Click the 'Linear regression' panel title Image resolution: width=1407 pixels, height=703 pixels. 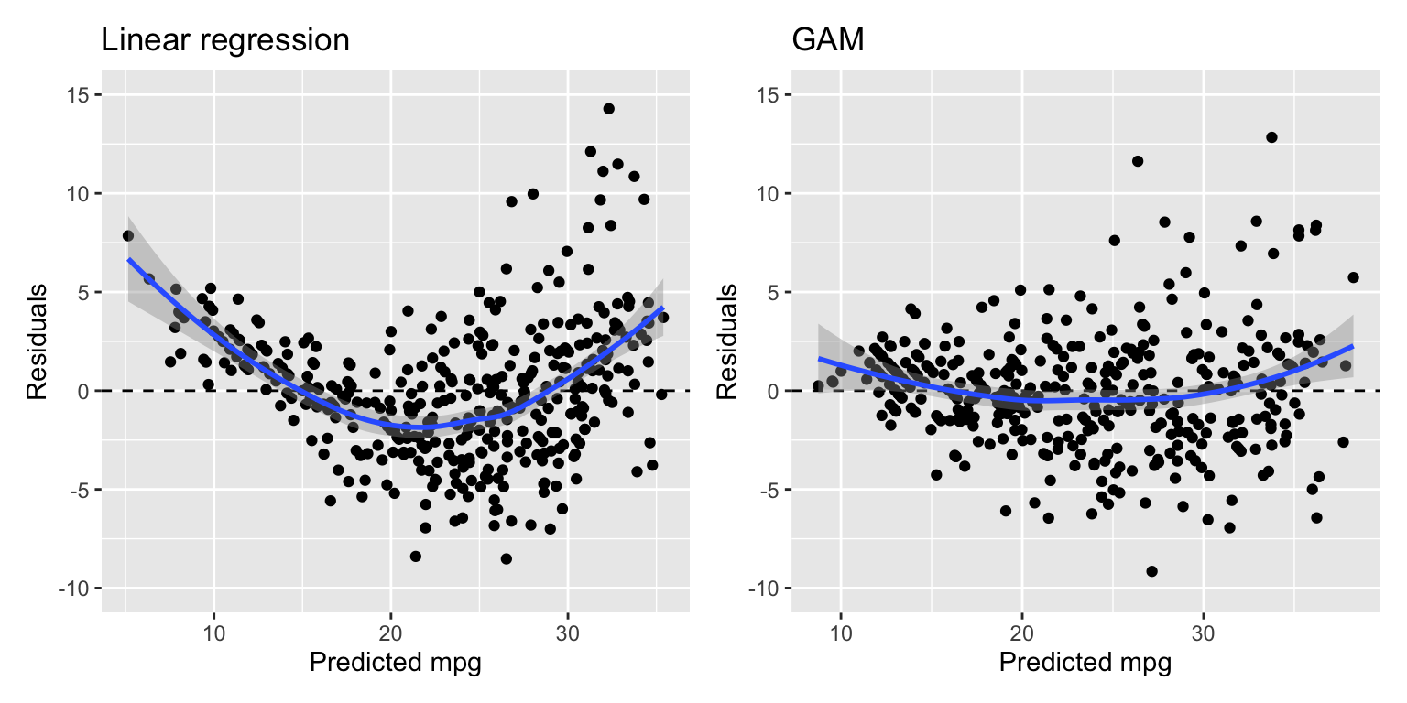point(224,40)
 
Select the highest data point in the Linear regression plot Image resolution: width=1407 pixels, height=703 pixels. point(608,108)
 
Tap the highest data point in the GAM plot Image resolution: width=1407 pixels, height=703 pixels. point(1271,137)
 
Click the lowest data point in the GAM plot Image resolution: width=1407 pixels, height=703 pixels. point(1151,571)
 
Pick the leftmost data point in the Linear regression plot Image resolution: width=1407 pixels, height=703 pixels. point(127,235)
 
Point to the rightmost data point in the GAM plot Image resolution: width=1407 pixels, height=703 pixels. point(1353,277)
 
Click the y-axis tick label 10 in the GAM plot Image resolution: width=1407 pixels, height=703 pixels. point(767,194)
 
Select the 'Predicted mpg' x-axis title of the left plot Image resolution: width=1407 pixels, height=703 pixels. point(395,664)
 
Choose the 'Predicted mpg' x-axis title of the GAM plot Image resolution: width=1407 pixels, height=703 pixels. point(1085,664)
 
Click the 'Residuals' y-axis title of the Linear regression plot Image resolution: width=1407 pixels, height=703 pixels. point(37,341)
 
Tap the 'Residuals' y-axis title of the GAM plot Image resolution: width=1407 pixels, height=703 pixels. point(726,341)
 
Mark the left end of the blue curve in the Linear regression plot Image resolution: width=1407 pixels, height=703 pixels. point(128,260)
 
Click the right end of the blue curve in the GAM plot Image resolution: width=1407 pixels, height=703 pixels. point(1353,346)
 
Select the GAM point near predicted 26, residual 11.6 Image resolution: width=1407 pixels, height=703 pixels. point(1138,161)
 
